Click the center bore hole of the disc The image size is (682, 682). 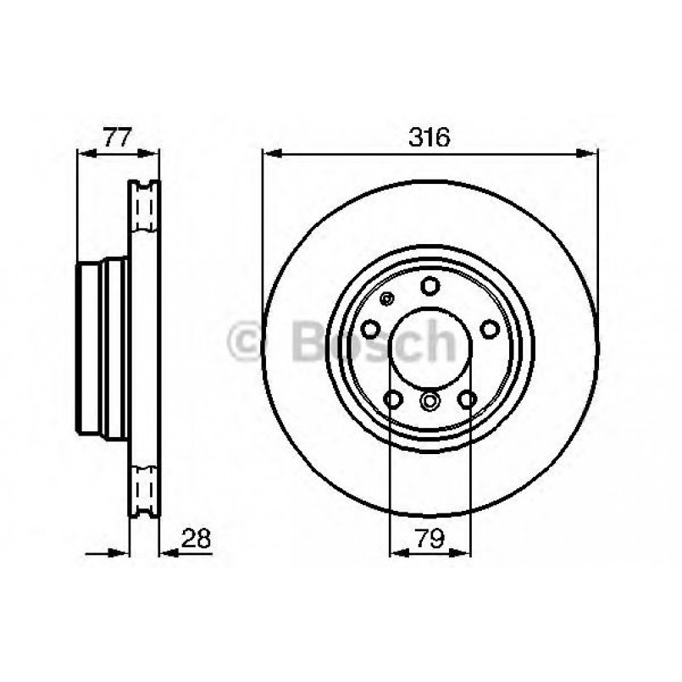point(430,348)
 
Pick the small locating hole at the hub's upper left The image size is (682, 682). point(388,298)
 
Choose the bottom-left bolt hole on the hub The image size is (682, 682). point(393,398)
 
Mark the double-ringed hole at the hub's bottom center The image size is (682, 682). point(430,401)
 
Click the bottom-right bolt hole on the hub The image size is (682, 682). point(467,398)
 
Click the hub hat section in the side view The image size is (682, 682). point(102,347)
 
